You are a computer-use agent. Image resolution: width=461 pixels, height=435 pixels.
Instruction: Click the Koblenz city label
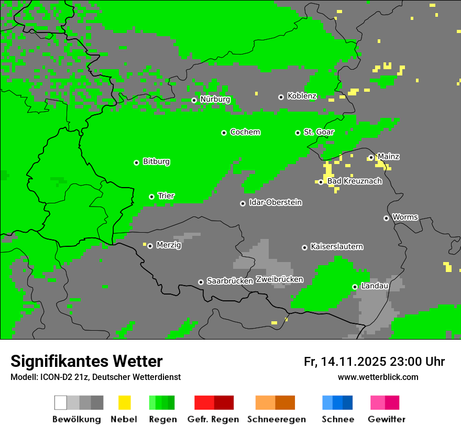[302, 96]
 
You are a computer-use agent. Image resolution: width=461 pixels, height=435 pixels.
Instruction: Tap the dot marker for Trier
[151, 197]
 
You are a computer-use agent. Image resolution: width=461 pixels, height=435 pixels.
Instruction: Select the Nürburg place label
[215, 100]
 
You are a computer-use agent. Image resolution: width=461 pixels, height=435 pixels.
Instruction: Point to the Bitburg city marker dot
[136, 162]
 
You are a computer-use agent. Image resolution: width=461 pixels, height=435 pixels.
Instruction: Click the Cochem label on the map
[245, 132]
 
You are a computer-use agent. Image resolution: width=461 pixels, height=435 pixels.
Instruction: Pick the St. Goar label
[319, 132]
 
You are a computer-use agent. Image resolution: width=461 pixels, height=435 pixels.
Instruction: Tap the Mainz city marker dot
[371, 157]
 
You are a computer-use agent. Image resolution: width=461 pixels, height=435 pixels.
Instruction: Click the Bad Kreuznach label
[354, 181]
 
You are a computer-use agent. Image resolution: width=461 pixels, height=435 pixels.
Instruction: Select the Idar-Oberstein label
[275, 203]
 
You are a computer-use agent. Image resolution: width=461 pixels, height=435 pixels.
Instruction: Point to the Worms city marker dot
[386, 218]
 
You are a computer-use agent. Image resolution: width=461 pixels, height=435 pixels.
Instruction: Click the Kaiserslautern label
[336, 247]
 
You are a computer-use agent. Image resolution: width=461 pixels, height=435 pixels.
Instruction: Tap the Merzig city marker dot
[150, 246]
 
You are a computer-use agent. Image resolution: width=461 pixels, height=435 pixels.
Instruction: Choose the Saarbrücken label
[229, 281]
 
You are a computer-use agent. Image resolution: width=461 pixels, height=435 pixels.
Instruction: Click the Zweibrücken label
[279, 280]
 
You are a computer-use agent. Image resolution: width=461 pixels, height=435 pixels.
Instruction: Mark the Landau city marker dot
[355, 287]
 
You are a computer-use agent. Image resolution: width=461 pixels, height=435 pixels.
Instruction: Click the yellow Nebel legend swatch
[124, 403]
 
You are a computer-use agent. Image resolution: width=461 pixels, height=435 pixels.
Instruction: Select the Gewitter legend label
[386, 419]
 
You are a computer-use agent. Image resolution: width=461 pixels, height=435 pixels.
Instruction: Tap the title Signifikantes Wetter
[86, 361]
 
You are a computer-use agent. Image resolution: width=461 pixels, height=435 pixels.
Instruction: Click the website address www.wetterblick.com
[378, 377]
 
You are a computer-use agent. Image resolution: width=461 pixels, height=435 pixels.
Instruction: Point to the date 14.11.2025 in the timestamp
[354, 362]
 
